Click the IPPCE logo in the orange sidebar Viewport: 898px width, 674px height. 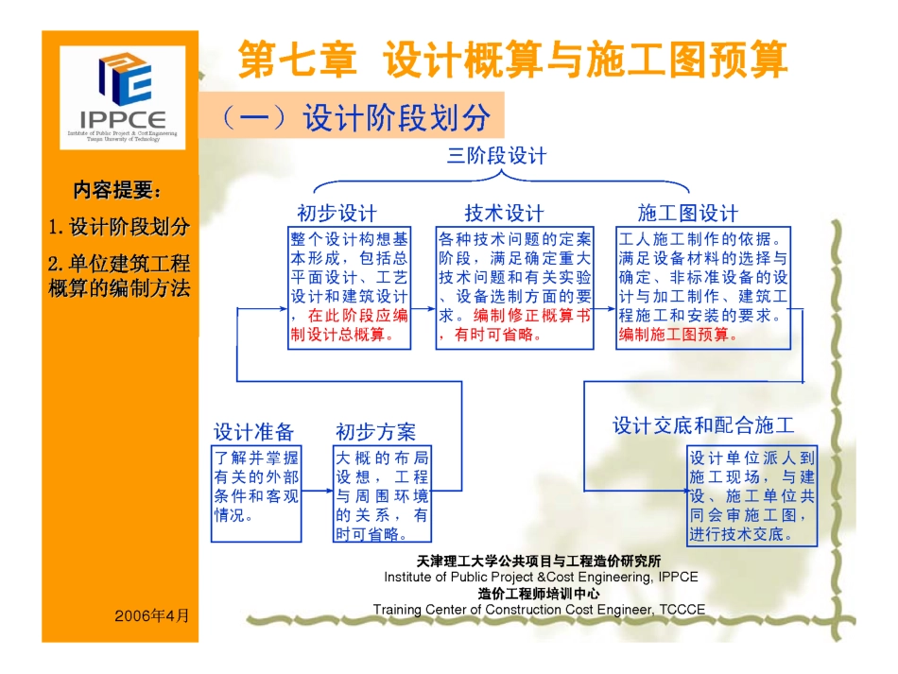coord(122,97)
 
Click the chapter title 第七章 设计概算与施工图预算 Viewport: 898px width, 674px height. coord(511,59)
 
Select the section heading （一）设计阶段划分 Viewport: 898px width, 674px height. coord(354,118)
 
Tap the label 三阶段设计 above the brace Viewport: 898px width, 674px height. coord(496,155)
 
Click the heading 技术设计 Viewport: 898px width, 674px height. coord(504,213)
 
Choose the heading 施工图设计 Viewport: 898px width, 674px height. coord(688,213)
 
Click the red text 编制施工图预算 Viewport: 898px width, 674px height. coord(678,335)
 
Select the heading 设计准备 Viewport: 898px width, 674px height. coord(253,432)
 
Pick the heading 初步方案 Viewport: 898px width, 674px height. coord(375,432)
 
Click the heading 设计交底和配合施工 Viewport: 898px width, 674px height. coord(703,425)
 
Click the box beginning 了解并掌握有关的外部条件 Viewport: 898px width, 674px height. coord(256,487)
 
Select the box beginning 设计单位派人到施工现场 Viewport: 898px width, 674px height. coord(751,495)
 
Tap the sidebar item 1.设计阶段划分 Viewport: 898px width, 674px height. coord(119,228)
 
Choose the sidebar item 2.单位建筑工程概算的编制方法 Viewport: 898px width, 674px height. coord(119,275)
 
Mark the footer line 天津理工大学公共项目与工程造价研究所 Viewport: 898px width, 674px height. coord(540,562)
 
